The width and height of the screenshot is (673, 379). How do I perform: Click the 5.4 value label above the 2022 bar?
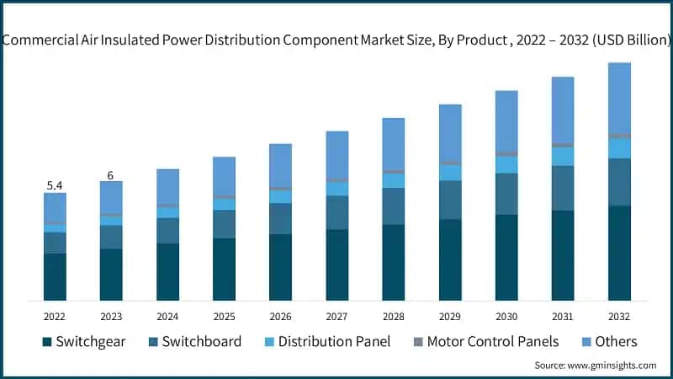(55, 184)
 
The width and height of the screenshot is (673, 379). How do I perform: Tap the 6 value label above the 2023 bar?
(110, 174)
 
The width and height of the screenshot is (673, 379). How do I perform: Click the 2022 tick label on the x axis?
(55, 316)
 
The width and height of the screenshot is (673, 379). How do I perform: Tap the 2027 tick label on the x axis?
(336, 316)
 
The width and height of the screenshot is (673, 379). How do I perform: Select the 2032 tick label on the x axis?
(619, 316)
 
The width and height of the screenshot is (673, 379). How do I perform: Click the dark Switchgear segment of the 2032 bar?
(619, 253)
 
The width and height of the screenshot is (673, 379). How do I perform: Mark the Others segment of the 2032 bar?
(619, 97)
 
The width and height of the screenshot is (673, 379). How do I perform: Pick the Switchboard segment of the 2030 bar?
(506, 194)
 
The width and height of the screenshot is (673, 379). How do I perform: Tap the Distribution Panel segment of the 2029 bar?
(450, 173)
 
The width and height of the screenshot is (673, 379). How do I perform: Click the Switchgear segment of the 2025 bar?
(224, 270)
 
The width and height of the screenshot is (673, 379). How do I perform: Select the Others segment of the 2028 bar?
(394, 143)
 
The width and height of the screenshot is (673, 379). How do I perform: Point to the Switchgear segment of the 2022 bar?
(55, 276)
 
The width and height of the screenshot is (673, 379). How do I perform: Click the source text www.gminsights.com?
(595, 365)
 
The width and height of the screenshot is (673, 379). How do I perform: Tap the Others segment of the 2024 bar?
(167, 185)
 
